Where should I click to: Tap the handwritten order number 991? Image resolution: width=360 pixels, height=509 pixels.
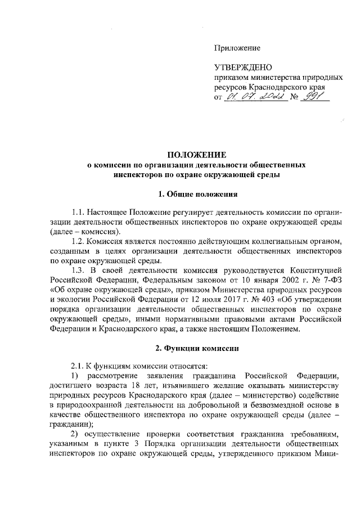pyautogui.click(x=317, y=97)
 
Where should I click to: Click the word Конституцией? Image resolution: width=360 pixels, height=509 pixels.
pyautogui.click(x=316, y=270)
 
